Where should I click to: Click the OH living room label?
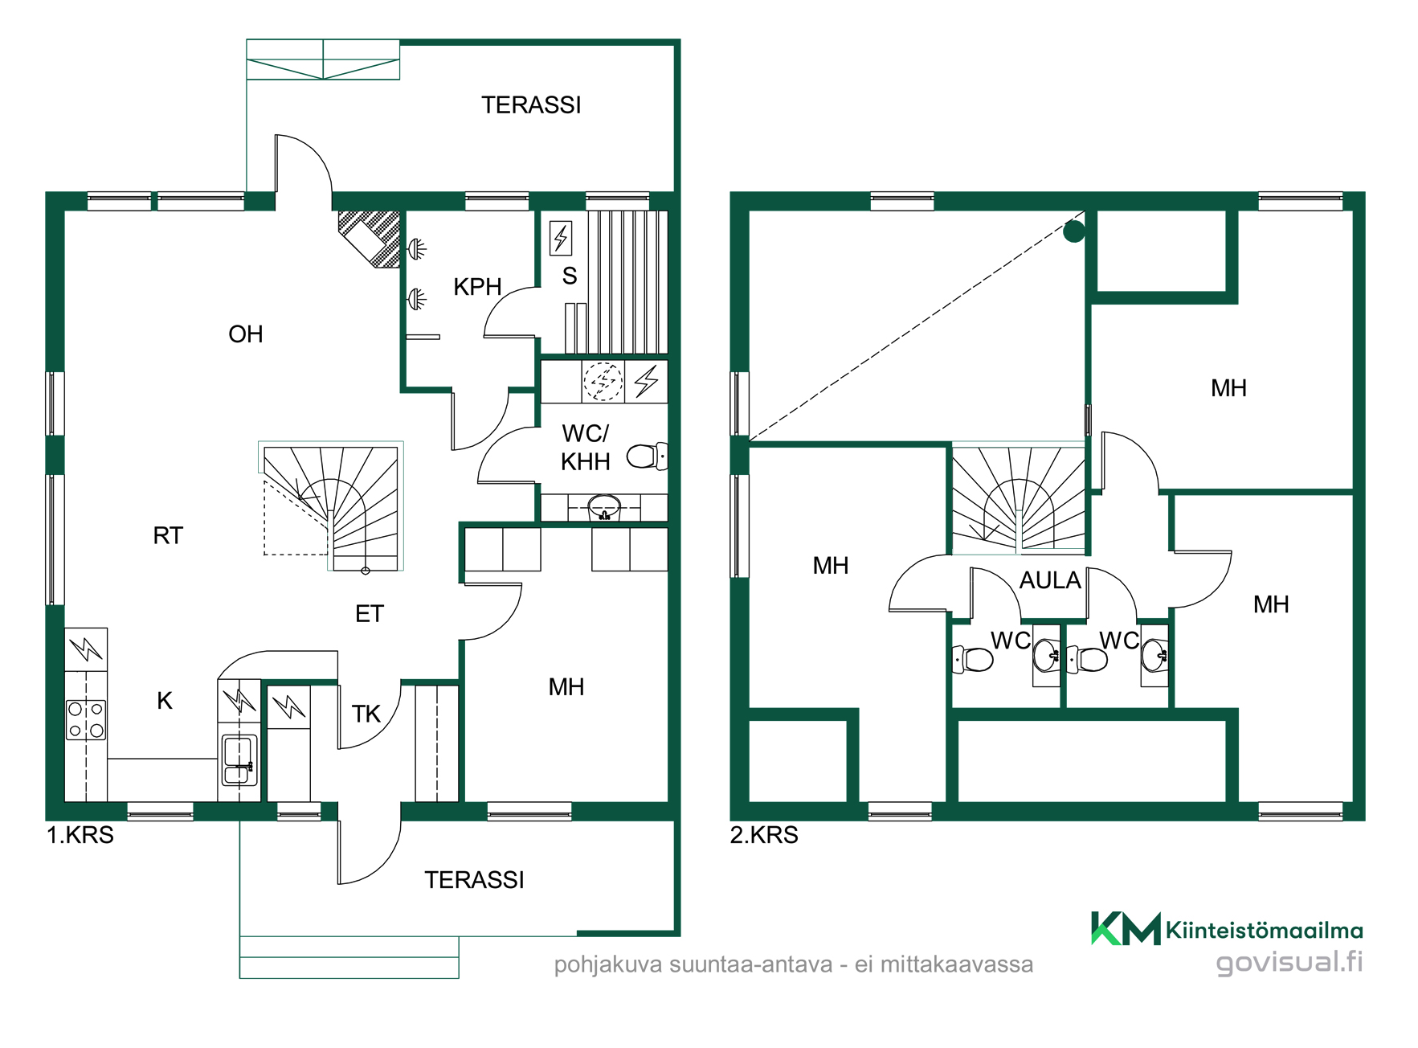click(x=245, y=334)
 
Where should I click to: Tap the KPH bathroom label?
click(x=477, y=287)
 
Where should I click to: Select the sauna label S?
click(x=570, y=276)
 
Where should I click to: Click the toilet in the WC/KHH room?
click(x=647, y=456)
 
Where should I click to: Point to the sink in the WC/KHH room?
click(x=604, y=508)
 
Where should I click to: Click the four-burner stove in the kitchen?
click(x=86, y=719)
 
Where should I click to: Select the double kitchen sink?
click(x=239, y=760)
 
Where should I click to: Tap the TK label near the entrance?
click(x=366, y=714)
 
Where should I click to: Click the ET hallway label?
click(x=370, y=614)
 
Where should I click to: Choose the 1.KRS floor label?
click(x=80, y=835)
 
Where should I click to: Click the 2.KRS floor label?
click(x=764, y=835)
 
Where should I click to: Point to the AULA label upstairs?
click(x=1050, y=580)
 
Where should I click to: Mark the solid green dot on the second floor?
click(x=1074, y=232)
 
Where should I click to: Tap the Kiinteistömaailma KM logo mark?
click(x=1126, y=928)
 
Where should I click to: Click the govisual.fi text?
click(x=1289, y=962)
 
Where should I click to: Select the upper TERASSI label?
click(x=531, y=105)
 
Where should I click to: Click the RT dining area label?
click(x=168, y=536)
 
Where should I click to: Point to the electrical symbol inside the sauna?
click(x=561, y=238)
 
